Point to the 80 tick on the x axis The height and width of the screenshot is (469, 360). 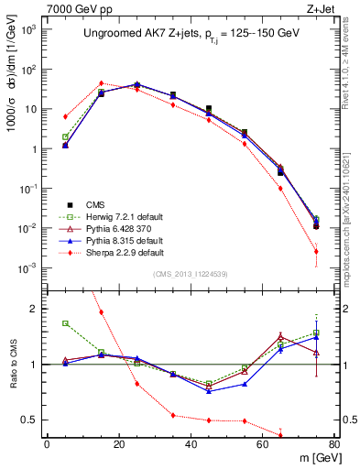[334, 446]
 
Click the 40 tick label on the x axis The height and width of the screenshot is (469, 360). [191, 446]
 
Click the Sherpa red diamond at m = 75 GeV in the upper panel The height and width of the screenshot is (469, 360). [316, 251]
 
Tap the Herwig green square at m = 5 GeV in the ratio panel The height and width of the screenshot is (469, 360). [65, 323]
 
